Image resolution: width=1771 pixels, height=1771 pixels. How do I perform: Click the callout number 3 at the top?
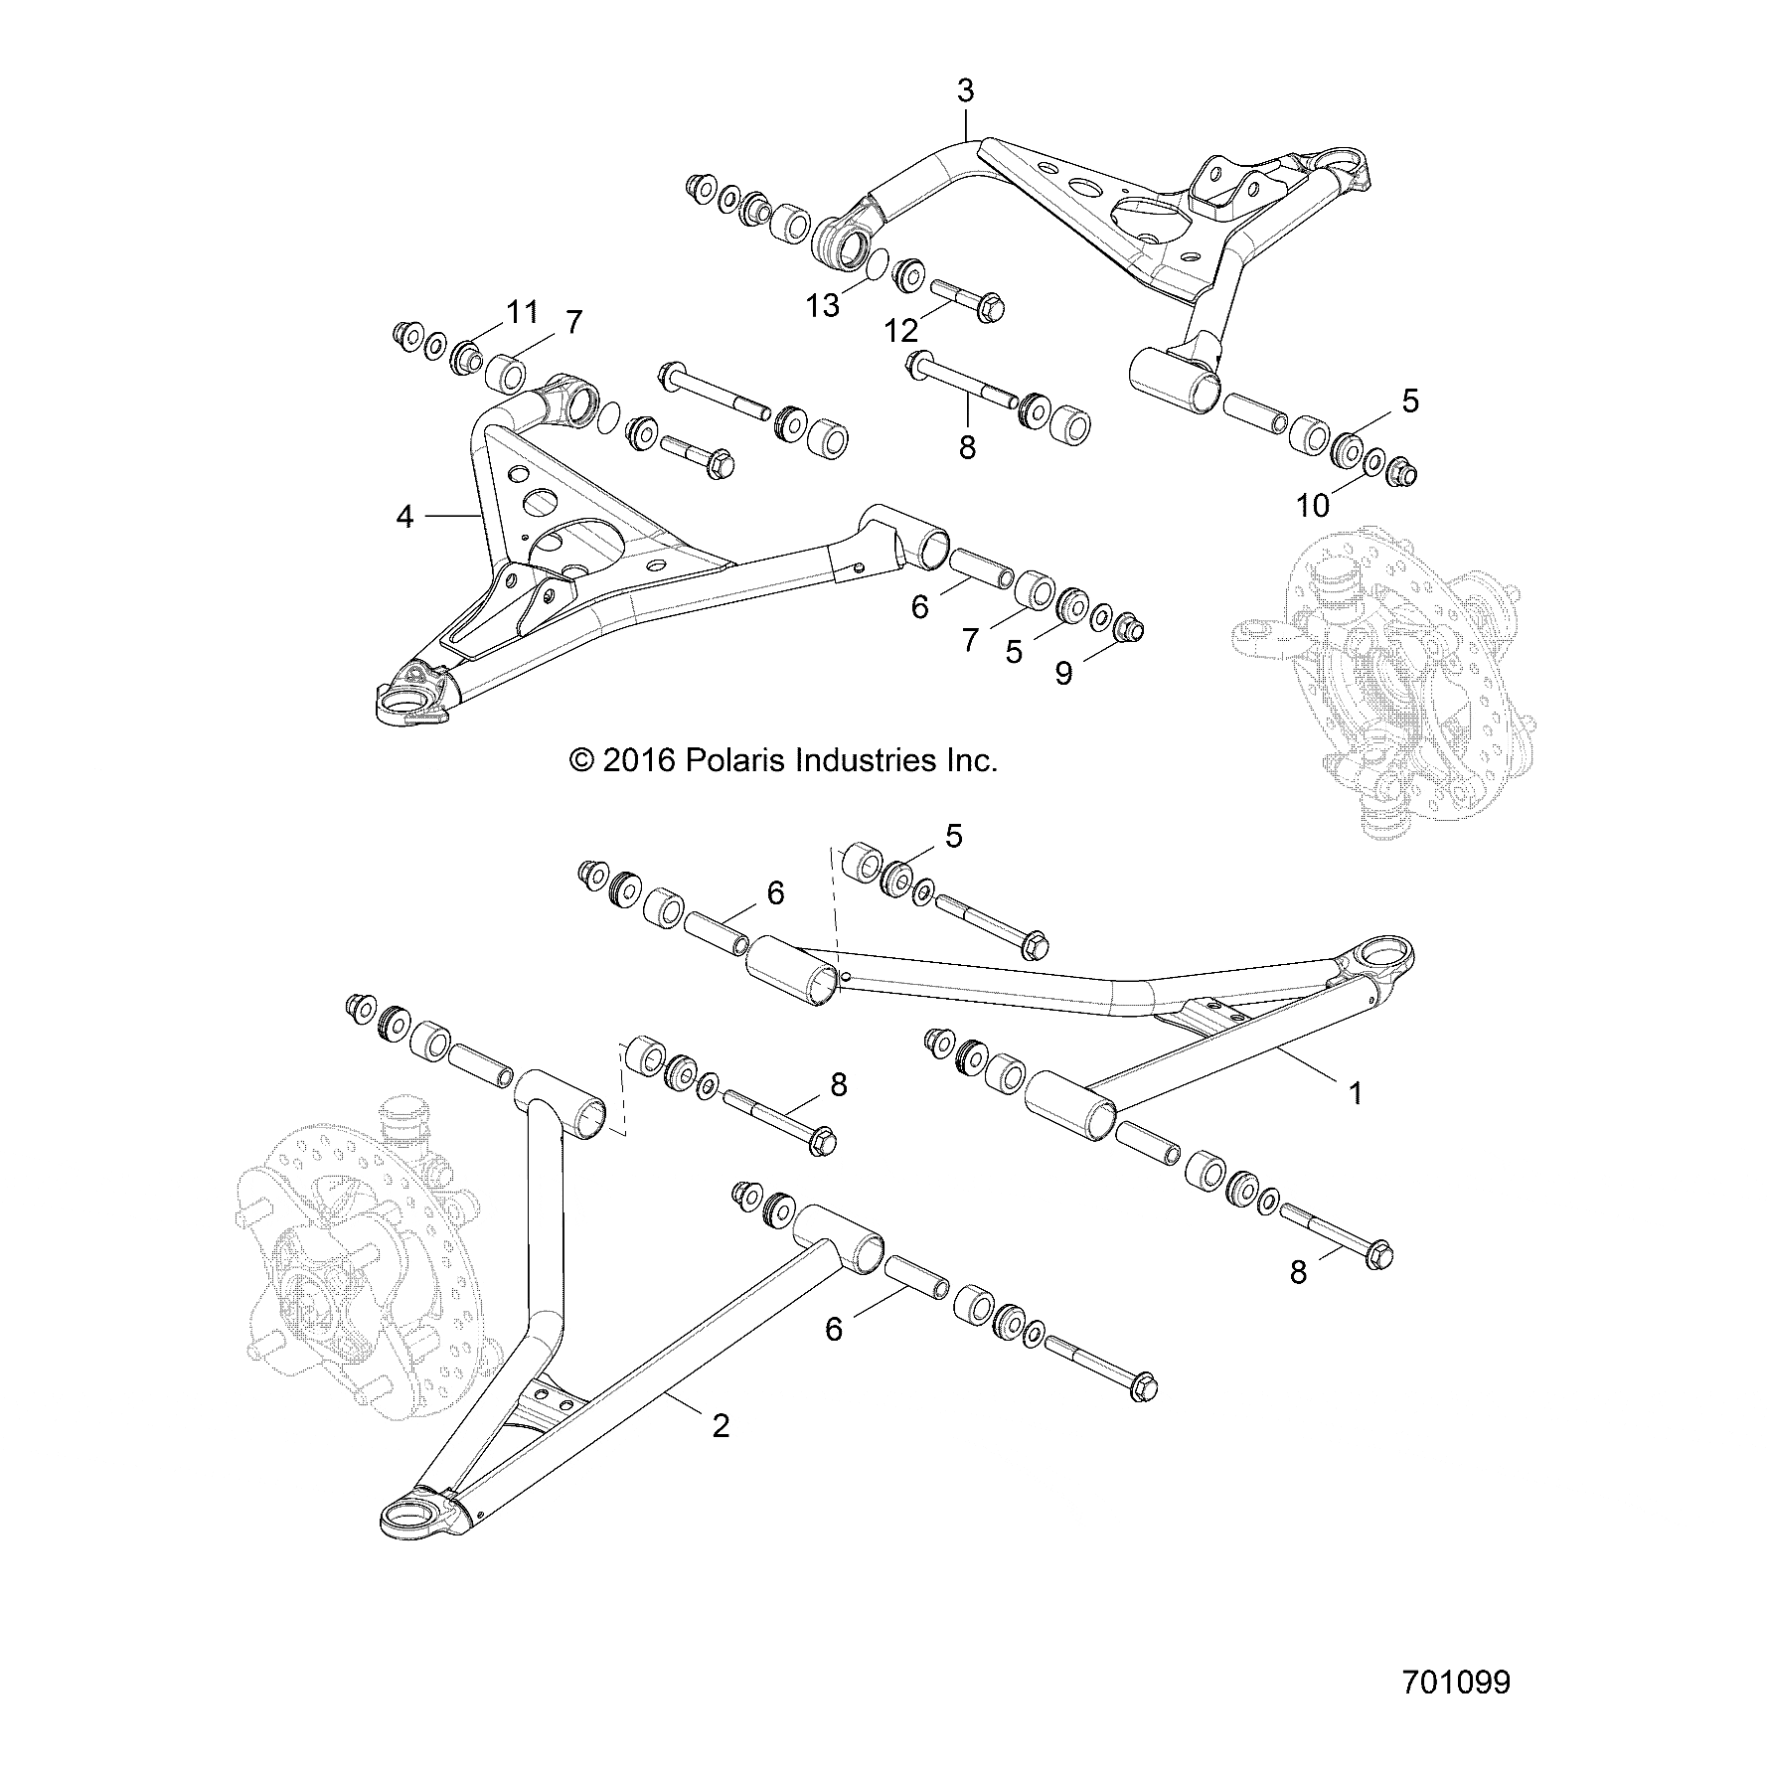point(965,91)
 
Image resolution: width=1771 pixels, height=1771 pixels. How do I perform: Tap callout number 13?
point(824,306)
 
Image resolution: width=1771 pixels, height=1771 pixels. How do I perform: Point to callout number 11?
point(522,311)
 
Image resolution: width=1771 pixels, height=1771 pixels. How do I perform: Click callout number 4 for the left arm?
point(404,517)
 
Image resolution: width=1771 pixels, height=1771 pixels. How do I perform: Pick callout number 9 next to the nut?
point(1063,674)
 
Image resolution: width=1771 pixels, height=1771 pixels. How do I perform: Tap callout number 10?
point(1313,506)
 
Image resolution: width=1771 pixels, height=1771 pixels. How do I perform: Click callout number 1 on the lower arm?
point(1355,1093)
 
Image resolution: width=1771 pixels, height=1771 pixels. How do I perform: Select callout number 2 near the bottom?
point(722,1426)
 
